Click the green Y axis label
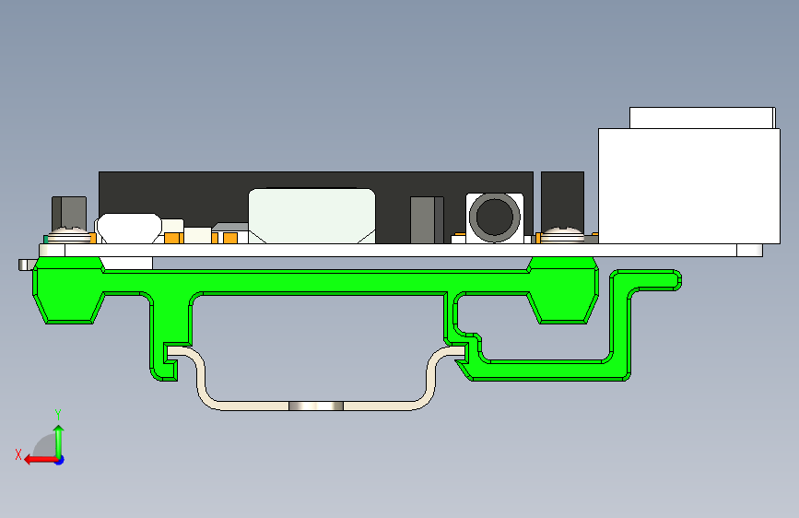[x=58, y=415]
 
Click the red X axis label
[x=18, y=454]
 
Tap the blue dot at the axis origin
[x=60, y=460]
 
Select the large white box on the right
[x=689, y=186]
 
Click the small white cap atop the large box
[x=702, y=118]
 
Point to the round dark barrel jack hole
[x=494, y=217]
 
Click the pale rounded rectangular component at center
[x=311, y=216]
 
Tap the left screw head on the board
[x=68, y=235]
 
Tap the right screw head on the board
[x=562, y=235]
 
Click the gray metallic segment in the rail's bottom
[x=316, y=406]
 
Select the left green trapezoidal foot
[x=69, y=290]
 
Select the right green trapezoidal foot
[x=562, y=290]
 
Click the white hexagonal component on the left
[x=128, y=229]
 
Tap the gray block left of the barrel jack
[x=427, y=219]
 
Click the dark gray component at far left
[x=69, y=212]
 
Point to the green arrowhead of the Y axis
[x=59, y=430]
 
